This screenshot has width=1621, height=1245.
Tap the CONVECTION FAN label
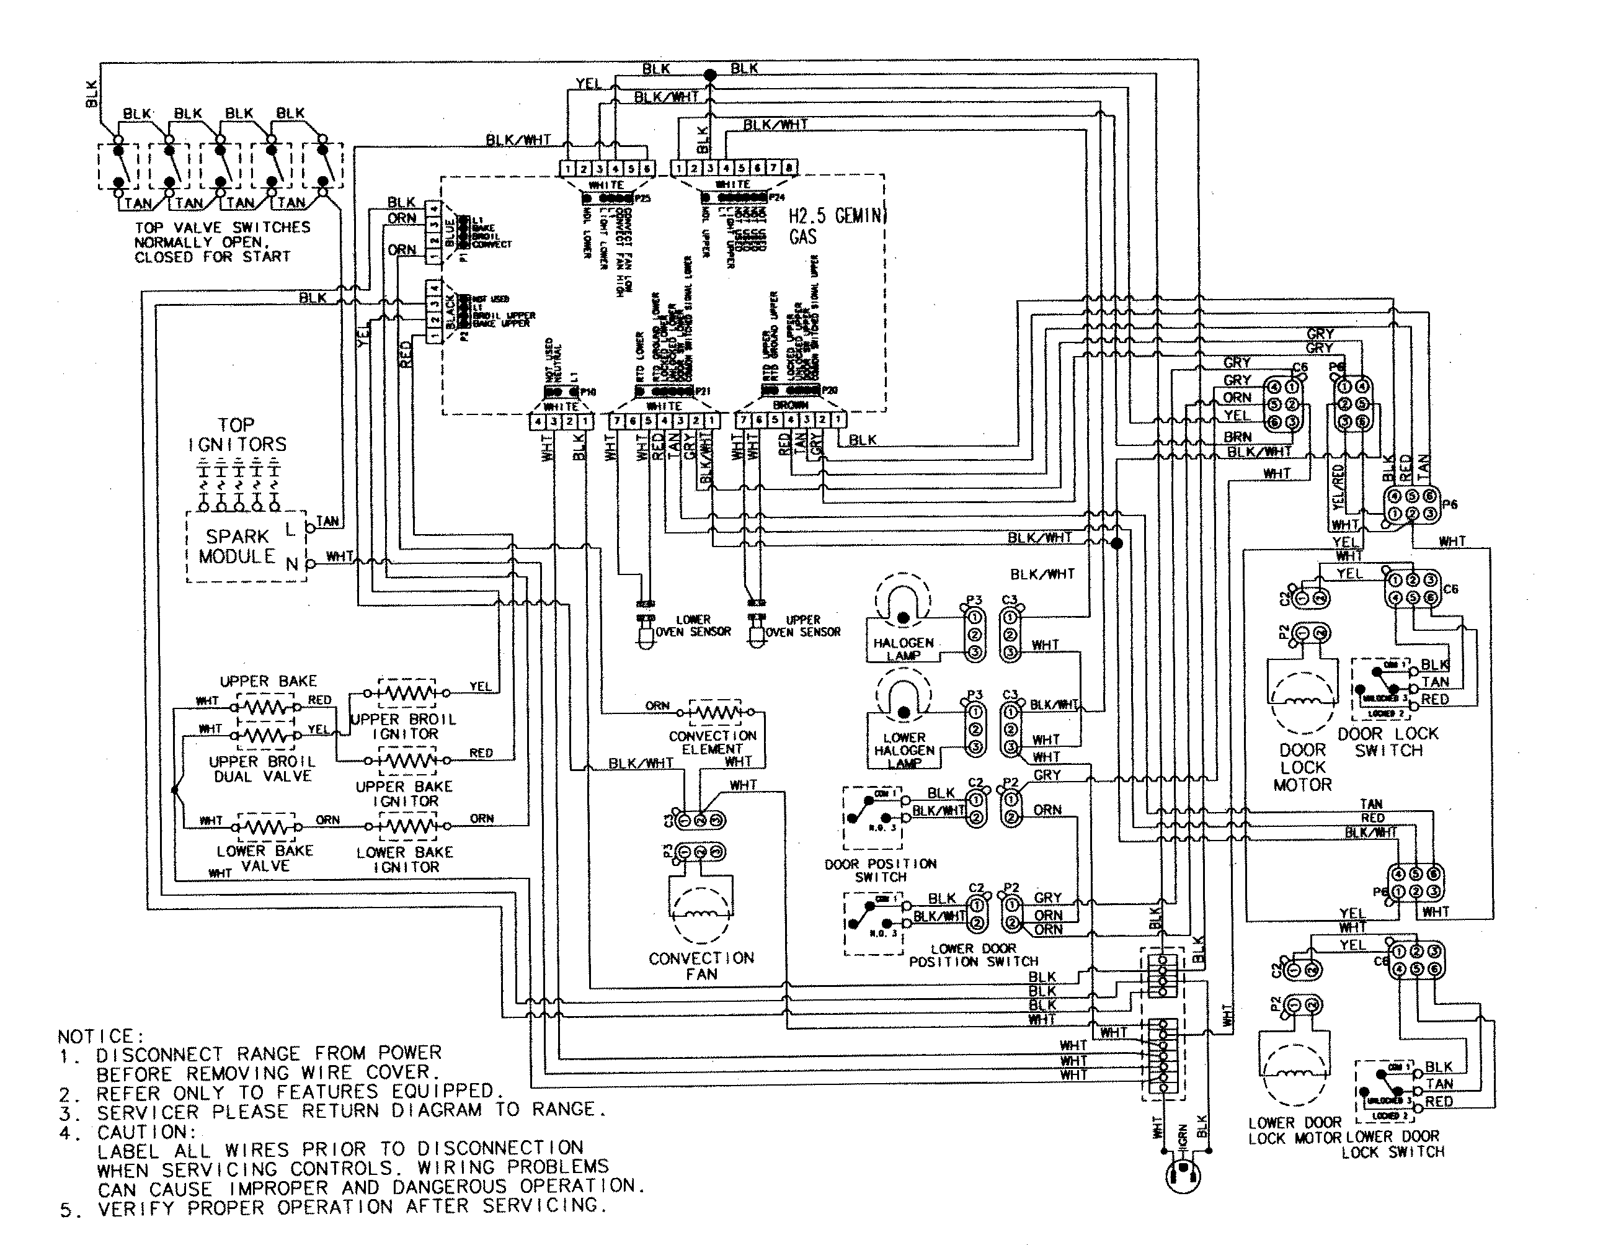(x=701, y=966)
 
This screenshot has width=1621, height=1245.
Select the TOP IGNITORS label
(x=236, y=435)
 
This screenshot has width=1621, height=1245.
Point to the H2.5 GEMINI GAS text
(x=836, y=226)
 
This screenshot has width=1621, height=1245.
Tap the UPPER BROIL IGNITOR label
(x=404, y=726)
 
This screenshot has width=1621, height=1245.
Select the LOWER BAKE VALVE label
(x=265, y=858)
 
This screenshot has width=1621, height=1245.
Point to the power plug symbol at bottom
(x=1183, y=1176)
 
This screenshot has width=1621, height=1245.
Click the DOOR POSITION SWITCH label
(x=880, y=870)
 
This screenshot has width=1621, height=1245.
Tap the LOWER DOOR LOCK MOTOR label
(x=1294, y=1130)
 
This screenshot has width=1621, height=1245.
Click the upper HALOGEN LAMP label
(x=902, y=648)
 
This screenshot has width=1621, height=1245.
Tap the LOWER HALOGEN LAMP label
(x=904, y=750)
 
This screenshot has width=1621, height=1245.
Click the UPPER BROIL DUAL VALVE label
(x=262, y=769)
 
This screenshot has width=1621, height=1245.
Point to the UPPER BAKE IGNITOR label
(x=404, y=793)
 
